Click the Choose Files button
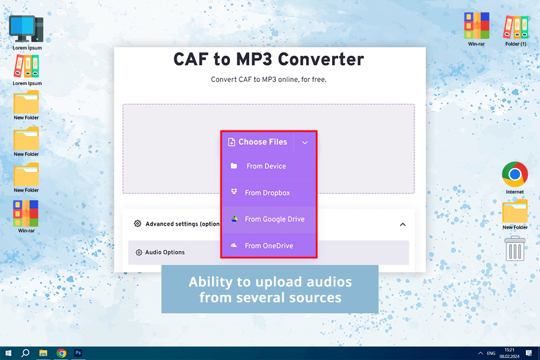[258, 142]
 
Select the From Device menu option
[266, 166]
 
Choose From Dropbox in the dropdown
[267, 193]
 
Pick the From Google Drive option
[274, 219]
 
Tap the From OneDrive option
[269, 246]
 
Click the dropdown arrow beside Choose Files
[305, 143]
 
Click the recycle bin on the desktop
[515, 248]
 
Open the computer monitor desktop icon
[26, 29]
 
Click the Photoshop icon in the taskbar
[79, 353]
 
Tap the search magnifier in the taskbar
[25, 353]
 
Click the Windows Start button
[8, 353]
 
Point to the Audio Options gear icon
[139, 253]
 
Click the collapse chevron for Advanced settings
[403, 224]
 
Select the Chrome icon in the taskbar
[61, 353]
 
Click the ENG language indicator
[491, 353]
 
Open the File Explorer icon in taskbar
[43, 353]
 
